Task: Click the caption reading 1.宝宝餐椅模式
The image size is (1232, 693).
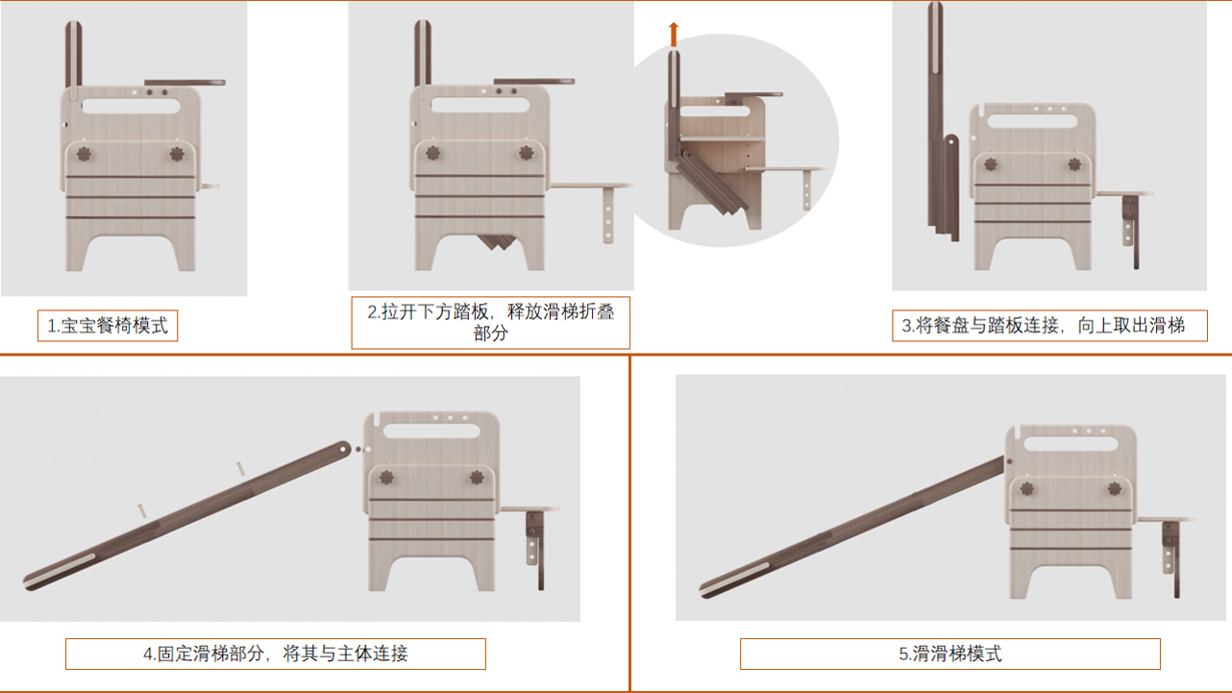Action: point(108,326)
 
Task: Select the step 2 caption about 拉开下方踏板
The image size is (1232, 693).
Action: point(490,322)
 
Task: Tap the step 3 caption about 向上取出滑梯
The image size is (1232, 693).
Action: point(1048,326)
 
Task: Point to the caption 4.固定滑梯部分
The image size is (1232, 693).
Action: point(275,654)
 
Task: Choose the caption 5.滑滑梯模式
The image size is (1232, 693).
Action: point(949,654)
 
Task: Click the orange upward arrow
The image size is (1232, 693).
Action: point(674,35)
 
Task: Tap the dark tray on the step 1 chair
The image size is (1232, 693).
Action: point(185,83)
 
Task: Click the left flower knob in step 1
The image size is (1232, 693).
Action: point(84,154)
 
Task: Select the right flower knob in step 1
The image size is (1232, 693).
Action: point(177,154)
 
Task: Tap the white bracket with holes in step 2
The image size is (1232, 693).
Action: point(608,214)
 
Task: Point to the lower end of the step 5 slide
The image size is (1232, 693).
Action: point(716,583)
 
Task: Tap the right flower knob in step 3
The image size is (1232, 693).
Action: point(1074,164)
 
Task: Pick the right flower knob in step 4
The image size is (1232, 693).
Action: point(476,478)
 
